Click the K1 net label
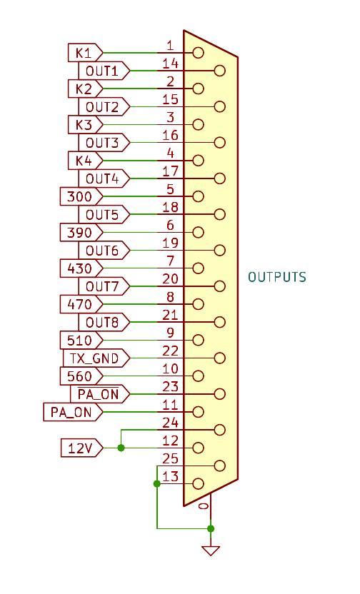(85, 53)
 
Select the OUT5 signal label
(104, 214)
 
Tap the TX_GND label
(96, 358)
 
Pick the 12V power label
(81, 448)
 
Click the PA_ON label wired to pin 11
(73, 412)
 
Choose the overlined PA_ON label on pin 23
(100, 394)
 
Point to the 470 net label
(81, 304)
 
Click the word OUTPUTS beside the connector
(277, 277)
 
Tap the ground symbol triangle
(211, 550)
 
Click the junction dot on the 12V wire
(121, 448)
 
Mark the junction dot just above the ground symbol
(211, 528)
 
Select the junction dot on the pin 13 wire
(157, 484)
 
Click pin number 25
(170, 459)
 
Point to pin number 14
(170, 64)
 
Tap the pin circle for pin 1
(198, 53)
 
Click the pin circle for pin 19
(220, 250)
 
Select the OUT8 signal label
(104, 322)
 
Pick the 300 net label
(81, 196)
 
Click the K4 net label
(85, 160)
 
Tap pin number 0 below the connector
(204, 506)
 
